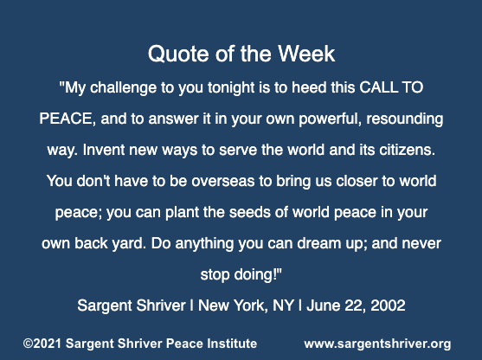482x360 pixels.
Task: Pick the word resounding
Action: (405, 119)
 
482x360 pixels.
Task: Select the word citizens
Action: (408, 150)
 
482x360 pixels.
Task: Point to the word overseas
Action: (223, 181)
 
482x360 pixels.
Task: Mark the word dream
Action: (319, 243)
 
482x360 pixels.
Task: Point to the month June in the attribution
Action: (324, 305)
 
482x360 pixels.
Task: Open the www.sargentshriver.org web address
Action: (377, 344)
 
